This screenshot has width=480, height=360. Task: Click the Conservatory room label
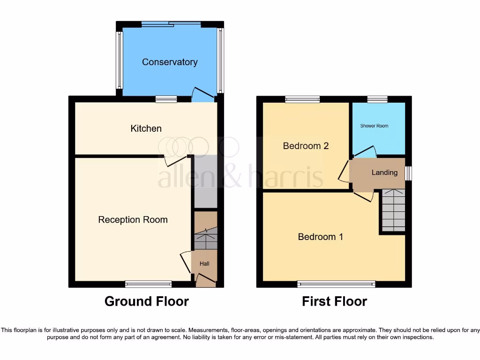click(x=170, y=62)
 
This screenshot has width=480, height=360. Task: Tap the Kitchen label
click(x=146, y=128)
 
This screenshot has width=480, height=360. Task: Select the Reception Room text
click(x=133, y=220)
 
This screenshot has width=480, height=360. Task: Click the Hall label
click(x=204, y=264)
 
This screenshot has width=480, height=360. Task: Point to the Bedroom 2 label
click(x=306, y=146)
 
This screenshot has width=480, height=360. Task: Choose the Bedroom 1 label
click(x=320, y=237)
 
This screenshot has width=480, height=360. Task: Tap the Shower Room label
click(x=374, y=126)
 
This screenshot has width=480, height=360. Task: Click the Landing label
click(x=384, y=172)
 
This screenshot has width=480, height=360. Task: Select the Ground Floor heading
click(x=146, y=301)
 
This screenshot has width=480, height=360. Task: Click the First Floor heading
click(x=334, y=301)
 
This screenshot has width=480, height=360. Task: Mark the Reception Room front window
click(x=148, y=284)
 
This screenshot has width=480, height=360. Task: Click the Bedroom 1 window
click(x=336, y=284)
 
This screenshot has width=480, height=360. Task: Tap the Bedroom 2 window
click(x=302, y=99)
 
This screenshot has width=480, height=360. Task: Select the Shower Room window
click(x=377, y=99)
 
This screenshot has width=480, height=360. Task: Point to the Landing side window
click(x=408, y=173)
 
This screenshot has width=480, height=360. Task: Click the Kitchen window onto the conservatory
click(x=166, y=99)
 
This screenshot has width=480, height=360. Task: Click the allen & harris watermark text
click(x=240, y=178)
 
